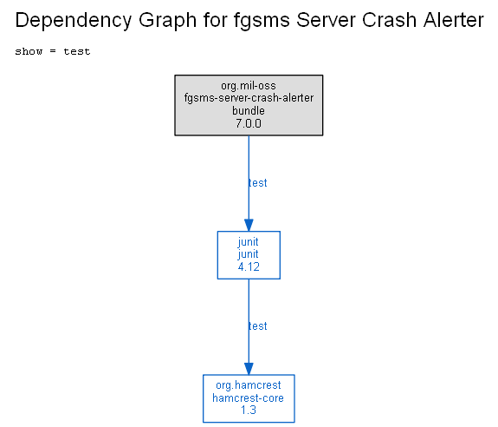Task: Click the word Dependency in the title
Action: [x=74, y=21]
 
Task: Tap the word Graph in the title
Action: [x=167, y=21]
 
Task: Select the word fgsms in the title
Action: [x=262, y=21]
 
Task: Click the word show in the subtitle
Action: [x=29, y=51]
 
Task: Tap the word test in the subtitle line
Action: [x=77, y=51]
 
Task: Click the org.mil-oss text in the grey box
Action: [x=249, y=86]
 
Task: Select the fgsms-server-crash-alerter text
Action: [x=249, y=98]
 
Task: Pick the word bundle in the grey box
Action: [x=249, y=111]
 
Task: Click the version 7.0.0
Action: [x=249, y=123]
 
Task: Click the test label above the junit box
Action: [x=257, y=183]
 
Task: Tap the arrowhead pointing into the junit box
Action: [x=249, y=225]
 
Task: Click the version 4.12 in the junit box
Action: [x=249, y=266]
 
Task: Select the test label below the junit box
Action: [x=257, y=326]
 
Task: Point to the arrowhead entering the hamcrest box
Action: [x=249, y=369]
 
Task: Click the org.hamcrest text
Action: [x=249, y=385]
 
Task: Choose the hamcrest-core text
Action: [x=248, y=398]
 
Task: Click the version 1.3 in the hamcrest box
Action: [x=249, y=411]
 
